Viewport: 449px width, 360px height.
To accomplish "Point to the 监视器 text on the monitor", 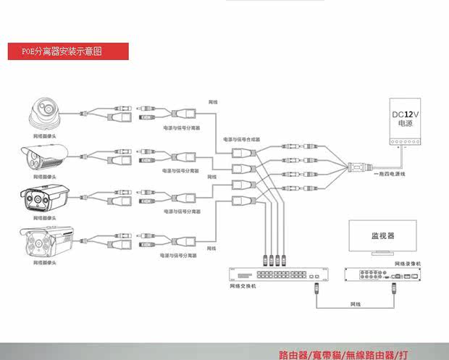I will (382, 235).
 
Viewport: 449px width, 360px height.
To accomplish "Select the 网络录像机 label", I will (408, 264).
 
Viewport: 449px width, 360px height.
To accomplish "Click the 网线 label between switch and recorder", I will (355, 304).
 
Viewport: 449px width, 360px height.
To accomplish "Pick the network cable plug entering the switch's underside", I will (316, 288).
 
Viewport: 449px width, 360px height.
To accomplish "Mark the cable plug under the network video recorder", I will (394, 287).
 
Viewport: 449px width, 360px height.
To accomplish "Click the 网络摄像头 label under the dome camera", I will (44, 136).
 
